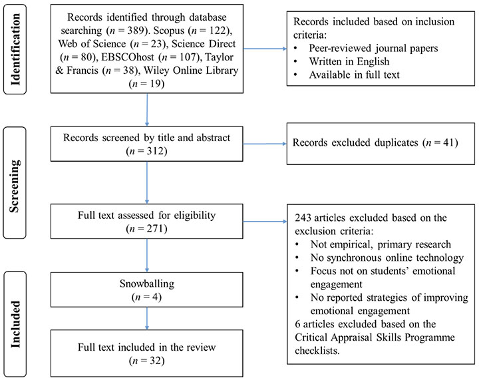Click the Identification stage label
coord(15,49)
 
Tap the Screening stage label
coord(15,186)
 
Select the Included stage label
coord(15,324)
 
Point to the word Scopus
coord(169,31)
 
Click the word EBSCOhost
coord(128,57)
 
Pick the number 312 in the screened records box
coord(155,151)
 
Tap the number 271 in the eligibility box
coord(155,228)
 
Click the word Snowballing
coord(147,284)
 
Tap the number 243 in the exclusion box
coord(303,218)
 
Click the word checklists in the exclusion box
coord(317,351)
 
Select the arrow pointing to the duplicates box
coord(265,144)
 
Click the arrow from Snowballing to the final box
coord(147,318)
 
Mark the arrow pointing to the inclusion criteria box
coord(265,49)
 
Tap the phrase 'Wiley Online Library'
coord(191,71)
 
